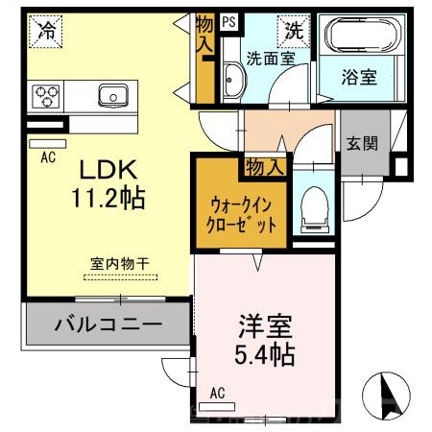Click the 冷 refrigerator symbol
(45, 31)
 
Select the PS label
(228, 19)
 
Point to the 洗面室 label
(270, 58)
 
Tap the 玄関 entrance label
(362, 143)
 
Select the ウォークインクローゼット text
(245, 213)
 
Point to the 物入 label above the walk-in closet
(264, 167)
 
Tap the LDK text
(108, 169)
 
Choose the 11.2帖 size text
(108, 199)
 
